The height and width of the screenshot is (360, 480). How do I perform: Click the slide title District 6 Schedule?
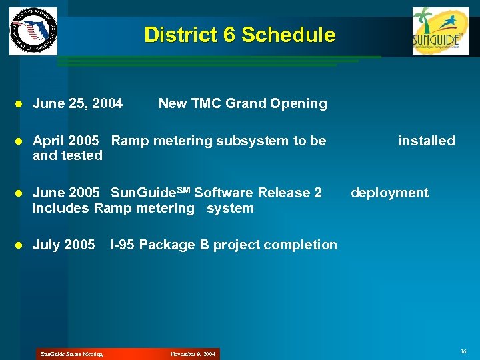click(239, 35)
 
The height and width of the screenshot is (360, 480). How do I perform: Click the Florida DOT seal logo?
click(33, 31)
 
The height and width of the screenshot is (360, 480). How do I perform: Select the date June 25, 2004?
click(77, 103)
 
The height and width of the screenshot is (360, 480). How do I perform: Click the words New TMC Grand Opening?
click(243, 103)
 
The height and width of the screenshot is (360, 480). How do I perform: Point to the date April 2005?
click(66, 141)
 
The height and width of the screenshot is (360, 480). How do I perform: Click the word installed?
click(426, 141)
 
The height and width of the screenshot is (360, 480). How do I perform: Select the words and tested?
click(67, 155)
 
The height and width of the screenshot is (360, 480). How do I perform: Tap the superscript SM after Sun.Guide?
click(182, 190)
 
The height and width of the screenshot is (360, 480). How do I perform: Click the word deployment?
click(389, 193)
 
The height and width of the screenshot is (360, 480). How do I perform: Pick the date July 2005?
click(63, 245)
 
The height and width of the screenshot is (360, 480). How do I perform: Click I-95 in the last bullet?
click(123, 245)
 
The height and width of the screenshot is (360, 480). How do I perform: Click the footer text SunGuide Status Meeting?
click(71, 354)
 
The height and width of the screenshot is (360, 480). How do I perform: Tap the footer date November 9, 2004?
click(193, 354)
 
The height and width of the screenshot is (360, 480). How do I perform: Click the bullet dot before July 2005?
click(19, 245)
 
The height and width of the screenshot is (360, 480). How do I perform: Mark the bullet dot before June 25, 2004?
click(19, 104)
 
